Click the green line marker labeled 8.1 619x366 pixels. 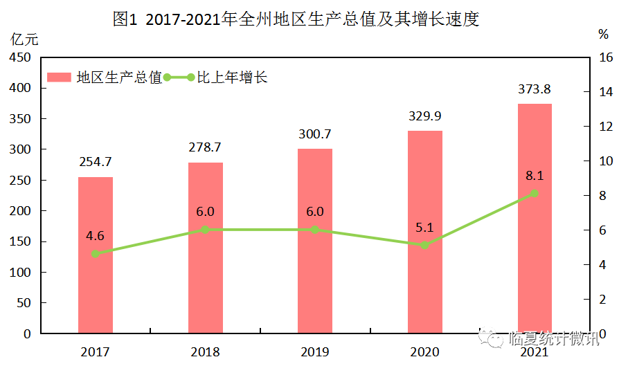534,194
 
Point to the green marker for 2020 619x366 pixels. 424,245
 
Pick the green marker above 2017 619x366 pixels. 95,254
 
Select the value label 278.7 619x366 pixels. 205,147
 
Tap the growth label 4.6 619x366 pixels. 95,236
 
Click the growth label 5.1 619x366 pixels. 424,227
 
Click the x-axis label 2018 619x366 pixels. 205,352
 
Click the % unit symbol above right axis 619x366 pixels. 602,35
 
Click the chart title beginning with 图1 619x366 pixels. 296,19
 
